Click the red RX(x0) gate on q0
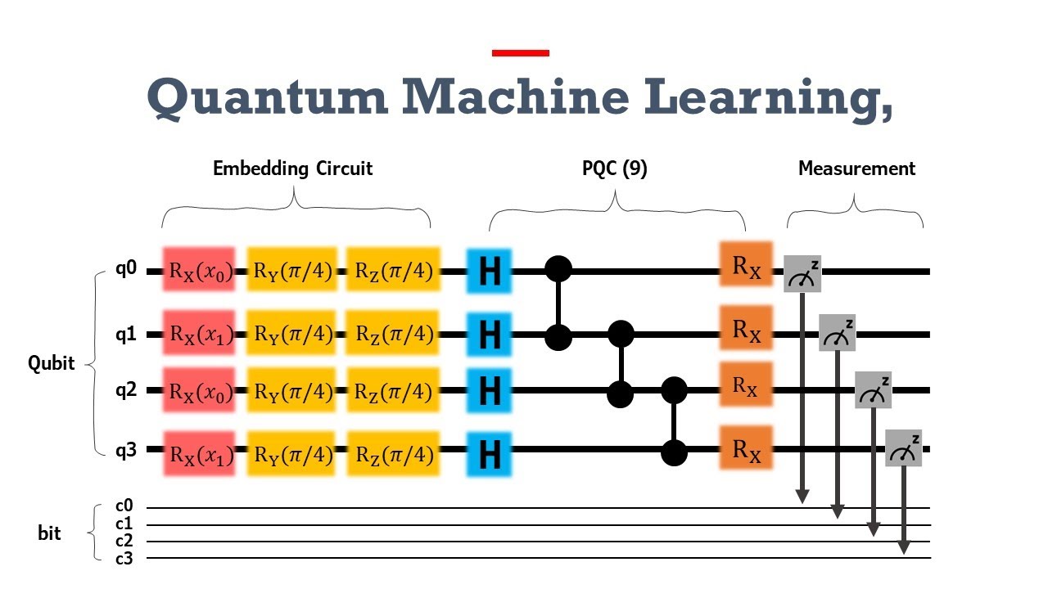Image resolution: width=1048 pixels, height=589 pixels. pos(199,271)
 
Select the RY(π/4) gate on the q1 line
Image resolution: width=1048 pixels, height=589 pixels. pos(291,334)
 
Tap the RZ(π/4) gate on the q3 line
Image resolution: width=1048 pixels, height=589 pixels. pos(393,452)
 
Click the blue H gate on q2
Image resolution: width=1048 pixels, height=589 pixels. pos(489,390)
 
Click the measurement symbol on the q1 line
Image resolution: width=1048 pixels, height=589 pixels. pos(838,332)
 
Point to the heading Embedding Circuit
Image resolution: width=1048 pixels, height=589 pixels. pos(292,169)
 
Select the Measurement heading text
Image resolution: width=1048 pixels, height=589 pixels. pos(856,169)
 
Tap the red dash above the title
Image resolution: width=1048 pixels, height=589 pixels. pos(520,53)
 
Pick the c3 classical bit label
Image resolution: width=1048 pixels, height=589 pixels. pos(124,559)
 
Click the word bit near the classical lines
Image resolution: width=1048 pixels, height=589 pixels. pos(50,533)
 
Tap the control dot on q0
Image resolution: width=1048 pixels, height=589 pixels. pos(559,268)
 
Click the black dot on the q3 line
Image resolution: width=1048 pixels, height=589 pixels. pos(674,451)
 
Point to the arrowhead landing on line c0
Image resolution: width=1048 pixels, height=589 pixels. pos(802,497)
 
